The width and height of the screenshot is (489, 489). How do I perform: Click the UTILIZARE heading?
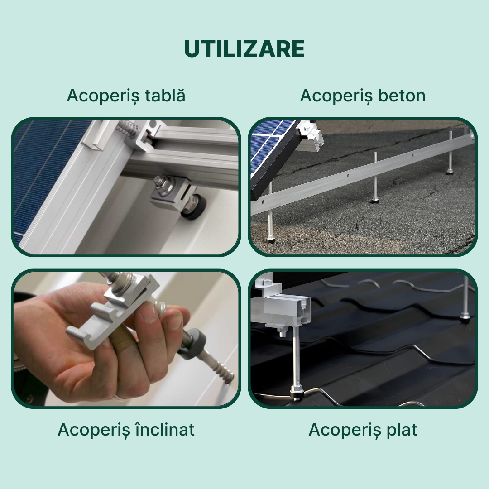click(244, 49)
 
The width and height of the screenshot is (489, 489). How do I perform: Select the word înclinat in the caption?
click(165, 429)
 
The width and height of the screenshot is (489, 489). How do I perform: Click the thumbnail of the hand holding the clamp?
click(126, 339)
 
